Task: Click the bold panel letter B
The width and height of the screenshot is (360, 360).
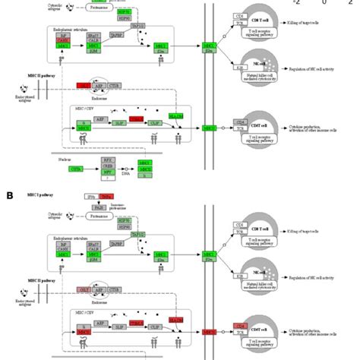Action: point(11,195)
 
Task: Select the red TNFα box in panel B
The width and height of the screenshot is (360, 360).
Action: point(106,196)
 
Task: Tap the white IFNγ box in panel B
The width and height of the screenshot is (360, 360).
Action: point(90,196)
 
